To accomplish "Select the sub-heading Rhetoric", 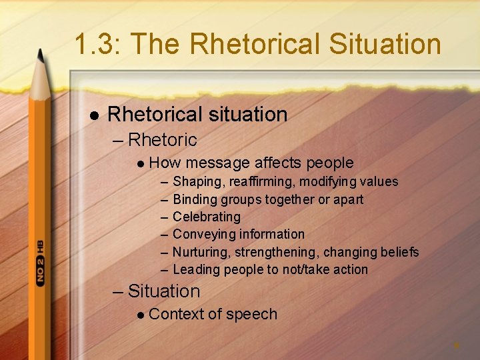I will coord(162,140).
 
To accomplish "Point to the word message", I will coord(218,163).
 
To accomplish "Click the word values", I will coord(379,181).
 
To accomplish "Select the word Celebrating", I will coord(207,217).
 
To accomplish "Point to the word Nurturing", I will coord(199,252).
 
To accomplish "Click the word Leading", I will coord(197,269).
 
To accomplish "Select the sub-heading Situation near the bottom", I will coord(163,291).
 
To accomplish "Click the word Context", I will coord(176,314).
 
